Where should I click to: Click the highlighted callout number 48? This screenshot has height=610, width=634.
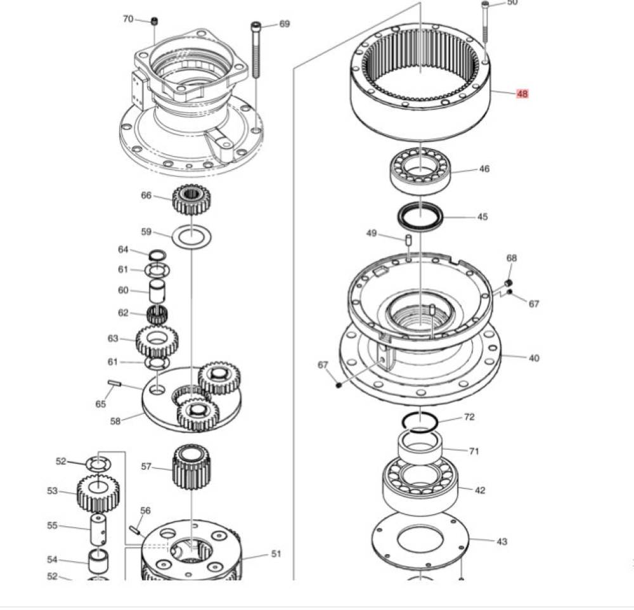522,94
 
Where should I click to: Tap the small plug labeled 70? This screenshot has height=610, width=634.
154,21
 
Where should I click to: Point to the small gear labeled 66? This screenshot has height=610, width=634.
192,199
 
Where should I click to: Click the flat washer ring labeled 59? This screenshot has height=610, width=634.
191,237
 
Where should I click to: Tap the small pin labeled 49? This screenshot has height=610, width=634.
408,240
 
